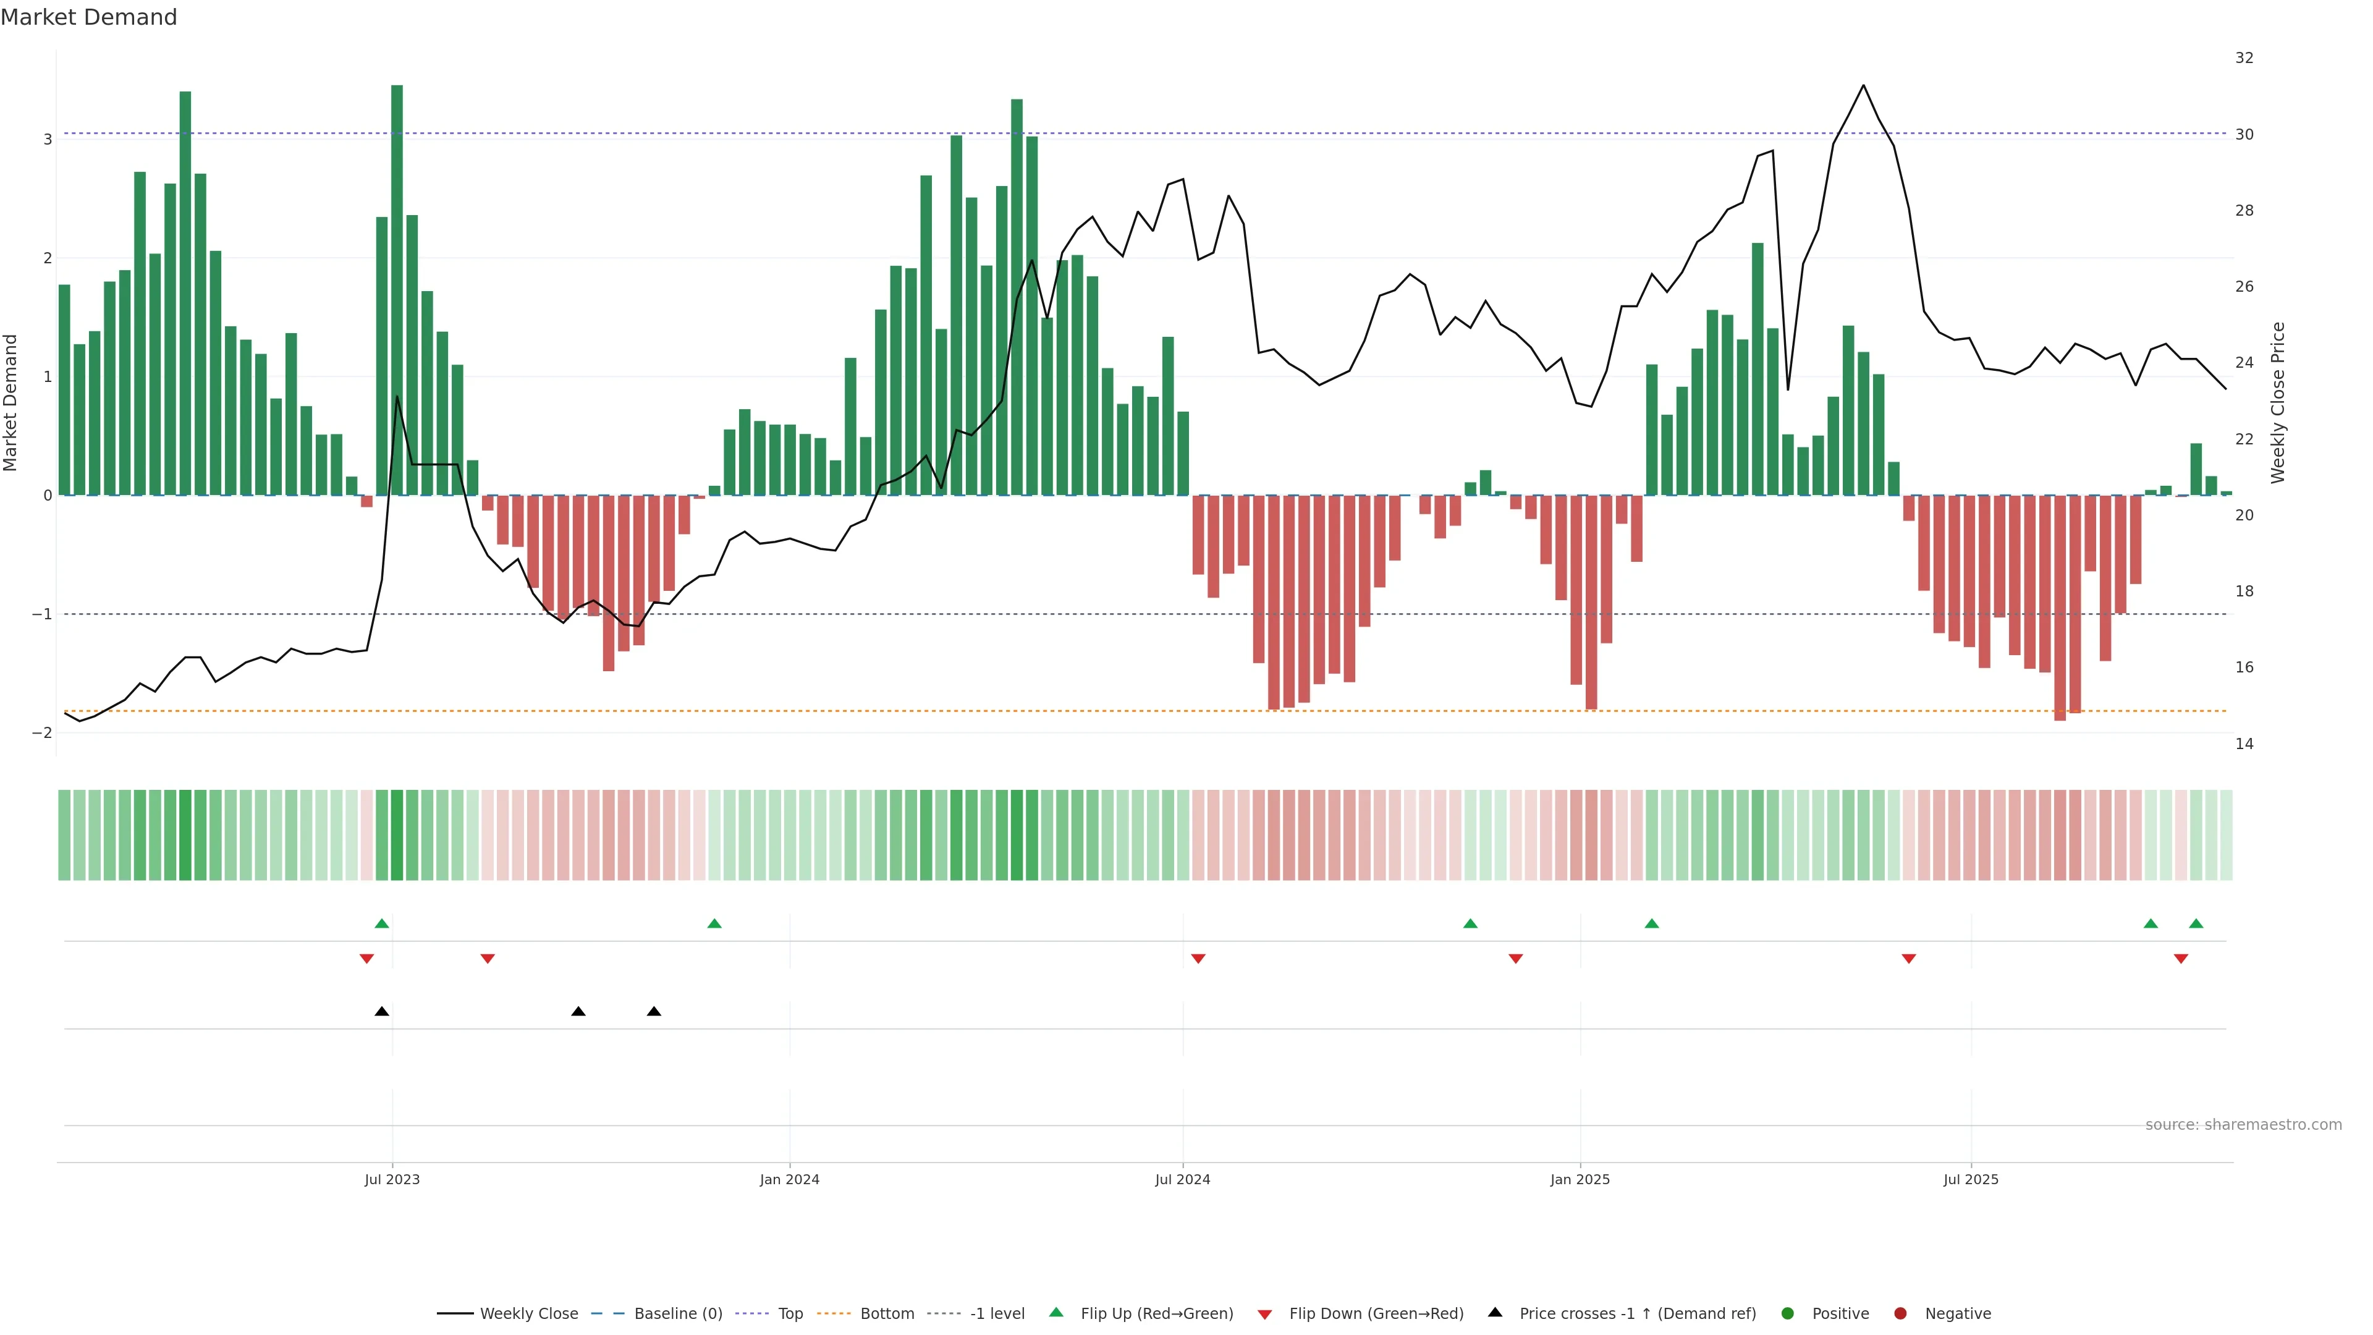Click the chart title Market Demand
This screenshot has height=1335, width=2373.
[x=88, y=17]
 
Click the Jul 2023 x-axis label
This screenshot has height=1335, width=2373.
[x=392, y=1179]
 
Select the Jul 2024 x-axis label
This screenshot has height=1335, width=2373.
[x=1182, y=1179]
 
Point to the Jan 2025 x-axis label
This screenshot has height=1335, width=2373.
[x=1580, y=1179]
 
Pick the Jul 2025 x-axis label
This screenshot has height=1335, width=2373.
[x=1971, y=1179]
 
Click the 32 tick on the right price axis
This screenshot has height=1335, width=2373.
[x=2244, y=58]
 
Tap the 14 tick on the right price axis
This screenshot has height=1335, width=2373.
[x=2244, y=744]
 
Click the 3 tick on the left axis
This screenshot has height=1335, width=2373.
[x=47, y=139]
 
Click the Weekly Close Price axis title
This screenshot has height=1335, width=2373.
[x=2277, y=402]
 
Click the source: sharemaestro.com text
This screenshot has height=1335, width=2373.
[x=2243, y=1125]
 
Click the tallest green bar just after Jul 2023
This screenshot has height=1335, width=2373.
[x=397, y=276]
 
